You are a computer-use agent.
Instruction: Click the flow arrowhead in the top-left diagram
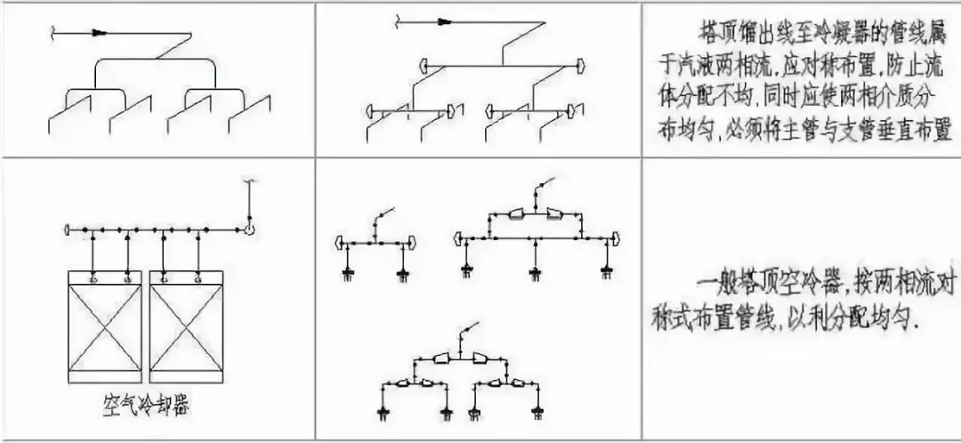[x=99, y=34]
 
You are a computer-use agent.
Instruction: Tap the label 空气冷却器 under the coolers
[x=149, y=407]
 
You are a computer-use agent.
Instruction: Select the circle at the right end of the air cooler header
[x=251, y=230]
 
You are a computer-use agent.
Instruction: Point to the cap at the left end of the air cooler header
[x=68, y=230]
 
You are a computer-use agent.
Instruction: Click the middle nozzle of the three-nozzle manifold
[x=536, y=273]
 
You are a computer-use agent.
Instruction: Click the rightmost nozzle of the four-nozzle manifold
[x=537, y=409]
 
